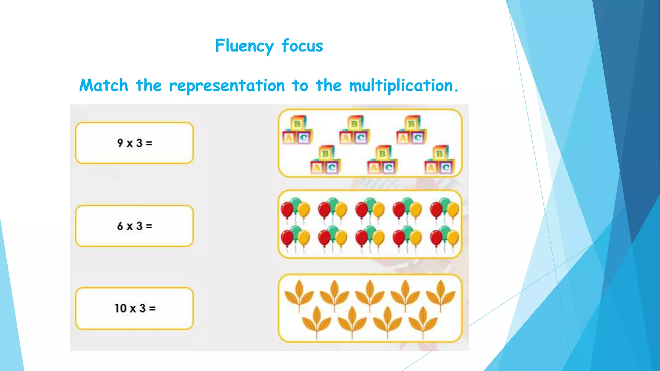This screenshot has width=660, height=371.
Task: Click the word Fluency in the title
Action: [244, 46]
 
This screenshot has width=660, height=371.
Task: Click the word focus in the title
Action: [302, 46]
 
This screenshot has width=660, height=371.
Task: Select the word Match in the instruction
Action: [104, 86]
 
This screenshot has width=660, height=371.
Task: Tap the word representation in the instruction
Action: [227, 86]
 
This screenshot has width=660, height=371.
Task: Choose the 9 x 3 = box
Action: [134, 143]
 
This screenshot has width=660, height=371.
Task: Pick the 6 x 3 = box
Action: [134, 226]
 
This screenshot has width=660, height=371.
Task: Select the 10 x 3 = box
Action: [134, 308]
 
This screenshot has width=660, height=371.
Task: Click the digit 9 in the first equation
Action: [120, 143]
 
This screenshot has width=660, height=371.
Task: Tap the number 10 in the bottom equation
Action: [121, 308]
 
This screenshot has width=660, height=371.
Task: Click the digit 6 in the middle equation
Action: [120, 226]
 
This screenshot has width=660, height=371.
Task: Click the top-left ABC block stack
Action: [297, 130]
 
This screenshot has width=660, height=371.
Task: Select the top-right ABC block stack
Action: [411, 130]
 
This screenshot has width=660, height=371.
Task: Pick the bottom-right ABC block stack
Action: [439, 160]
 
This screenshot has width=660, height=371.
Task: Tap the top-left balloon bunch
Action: [295, 209]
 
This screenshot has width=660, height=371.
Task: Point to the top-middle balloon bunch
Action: [370, 209]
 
